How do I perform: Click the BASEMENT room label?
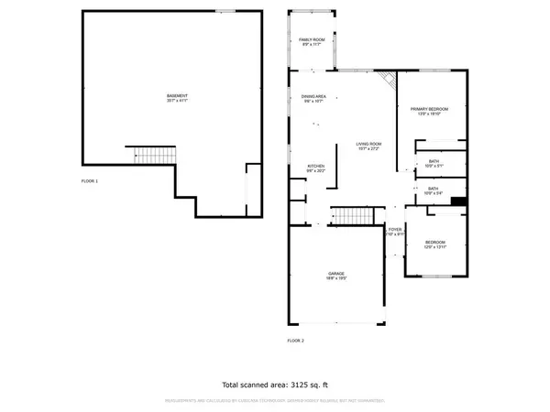click(x=178, y=97)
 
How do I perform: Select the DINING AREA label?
click(x=313, y=98)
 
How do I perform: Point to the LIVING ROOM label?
click(x=369, y=146)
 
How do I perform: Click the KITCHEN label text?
click(x=315, y=168)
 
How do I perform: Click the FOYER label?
click(x=394, y=231)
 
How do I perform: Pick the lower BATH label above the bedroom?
click(x=433, y=190)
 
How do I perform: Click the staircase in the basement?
click(x=148, y=156)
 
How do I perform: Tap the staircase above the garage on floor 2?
click(x=350, y=216)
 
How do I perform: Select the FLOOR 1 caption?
click(x=90, y=181)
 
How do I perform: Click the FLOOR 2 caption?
click(x=295, y=340)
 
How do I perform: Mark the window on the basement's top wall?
click(x=222, y=11)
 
